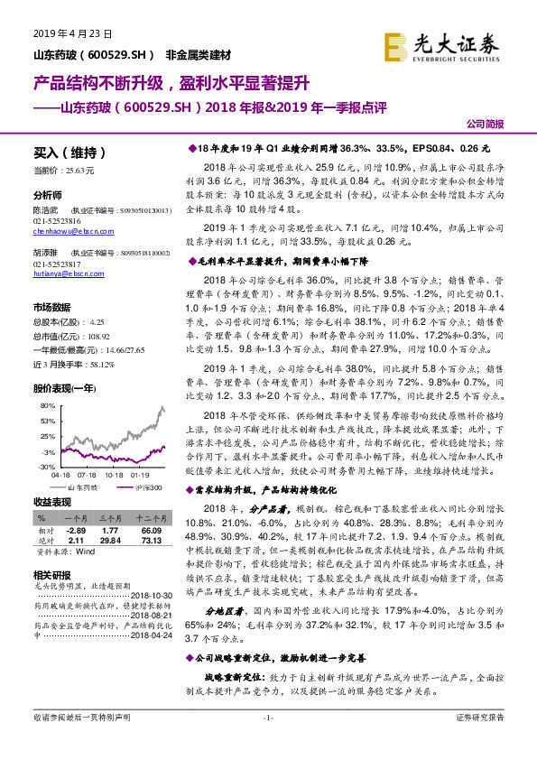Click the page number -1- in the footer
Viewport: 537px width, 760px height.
[x=267, y=743]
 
